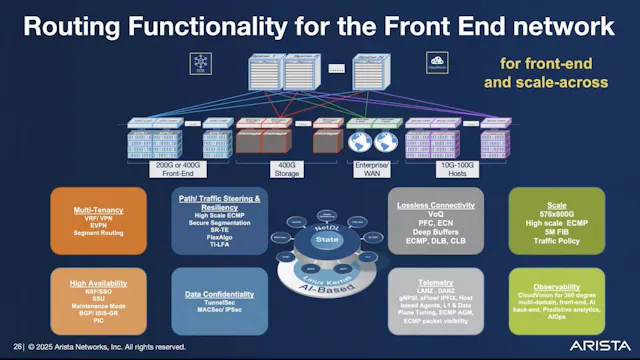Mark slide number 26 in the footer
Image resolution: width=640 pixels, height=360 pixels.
click(x=17, y=346)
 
